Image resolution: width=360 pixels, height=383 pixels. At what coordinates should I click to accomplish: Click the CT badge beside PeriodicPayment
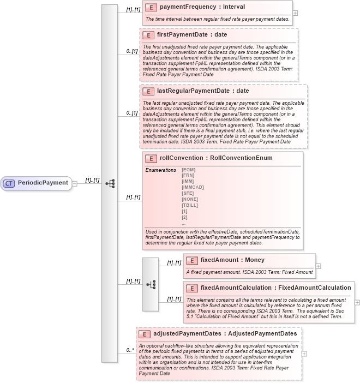(9, 183)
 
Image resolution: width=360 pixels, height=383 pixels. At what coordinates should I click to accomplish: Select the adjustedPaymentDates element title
(225, 333)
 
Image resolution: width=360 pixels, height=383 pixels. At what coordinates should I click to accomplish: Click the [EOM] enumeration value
(188, 170)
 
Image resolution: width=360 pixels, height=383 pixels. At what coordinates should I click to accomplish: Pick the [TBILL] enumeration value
(189, 205)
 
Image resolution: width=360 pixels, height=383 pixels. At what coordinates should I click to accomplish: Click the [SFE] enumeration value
(188, 193)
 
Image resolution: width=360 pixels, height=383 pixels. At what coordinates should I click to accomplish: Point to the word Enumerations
(160, 170)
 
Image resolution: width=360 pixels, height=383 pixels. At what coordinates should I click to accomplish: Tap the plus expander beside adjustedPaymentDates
(304, 354)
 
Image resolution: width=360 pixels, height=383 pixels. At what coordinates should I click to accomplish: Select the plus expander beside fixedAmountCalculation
(357, 302)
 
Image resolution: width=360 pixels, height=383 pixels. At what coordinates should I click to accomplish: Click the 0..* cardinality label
(130, 350)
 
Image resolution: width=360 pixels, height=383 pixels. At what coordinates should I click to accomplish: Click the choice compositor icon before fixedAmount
(151, 284)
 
